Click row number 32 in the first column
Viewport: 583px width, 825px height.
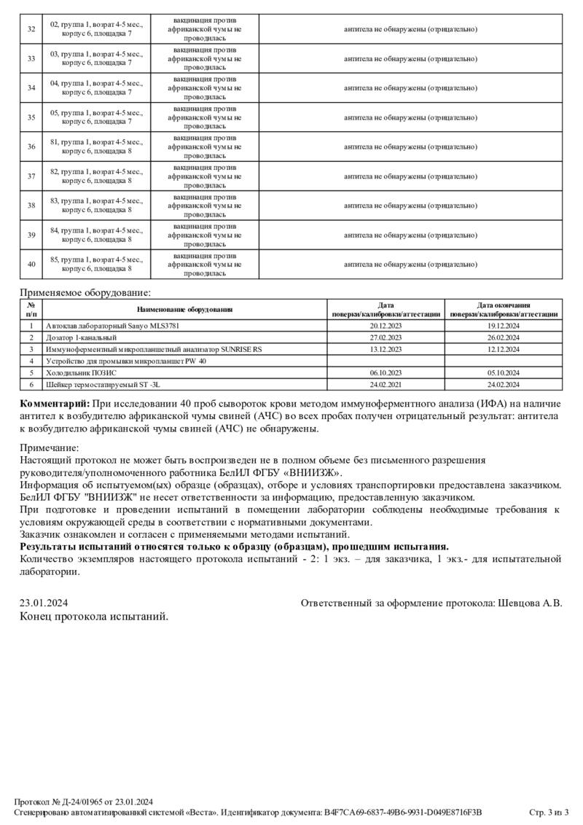[31, 29]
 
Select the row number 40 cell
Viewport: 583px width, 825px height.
[31, 264]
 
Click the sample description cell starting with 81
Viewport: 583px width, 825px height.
[96, 146]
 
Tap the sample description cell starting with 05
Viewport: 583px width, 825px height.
[96, 117]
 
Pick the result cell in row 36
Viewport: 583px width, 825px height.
[410, 146]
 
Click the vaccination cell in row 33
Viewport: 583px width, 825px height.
[205, 58]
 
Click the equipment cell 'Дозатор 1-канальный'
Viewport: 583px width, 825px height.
[81, 338]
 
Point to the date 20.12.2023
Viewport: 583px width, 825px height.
[386, 327]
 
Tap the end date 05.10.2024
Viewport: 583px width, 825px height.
[504, 372]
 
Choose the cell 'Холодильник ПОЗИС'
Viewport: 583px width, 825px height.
[81, 372]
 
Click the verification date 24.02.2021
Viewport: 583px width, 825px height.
[386, 384]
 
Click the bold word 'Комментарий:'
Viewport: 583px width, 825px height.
[55, 403]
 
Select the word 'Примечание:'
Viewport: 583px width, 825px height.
[49, 448]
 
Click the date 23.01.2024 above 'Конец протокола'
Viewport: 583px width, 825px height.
[44, 603]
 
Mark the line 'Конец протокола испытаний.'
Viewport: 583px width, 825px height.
[94, 617]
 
